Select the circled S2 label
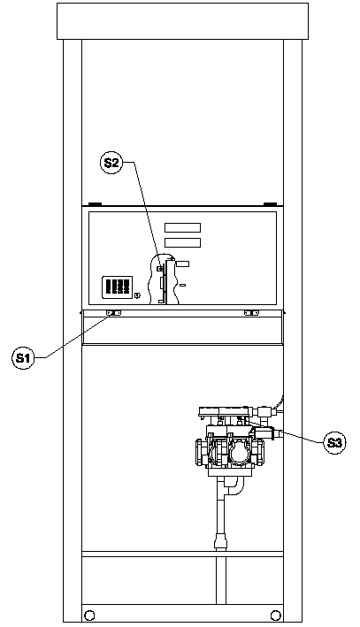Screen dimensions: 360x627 111,163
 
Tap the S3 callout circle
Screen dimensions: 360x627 334,443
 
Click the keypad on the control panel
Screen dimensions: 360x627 117,287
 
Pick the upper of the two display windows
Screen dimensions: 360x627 183,227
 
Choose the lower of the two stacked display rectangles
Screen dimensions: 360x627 183,242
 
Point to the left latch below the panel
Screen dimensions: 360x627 113,313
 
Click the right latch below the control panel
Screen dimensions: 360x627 251,313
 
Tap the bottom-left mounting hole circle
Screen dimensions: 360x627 90,615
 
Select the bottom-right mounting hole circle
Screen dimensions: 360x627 276,615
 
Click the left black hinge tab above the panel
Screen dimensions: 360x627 96,204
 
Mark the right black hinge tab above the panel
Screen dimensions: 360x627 270,204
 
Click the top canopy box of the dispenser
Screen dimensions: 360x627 182,21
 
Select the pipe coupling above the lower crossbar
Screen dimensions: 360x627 221,541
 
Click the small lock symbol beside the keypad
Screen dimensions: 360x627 138,295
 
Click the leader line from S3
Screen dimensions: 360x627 283,431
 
